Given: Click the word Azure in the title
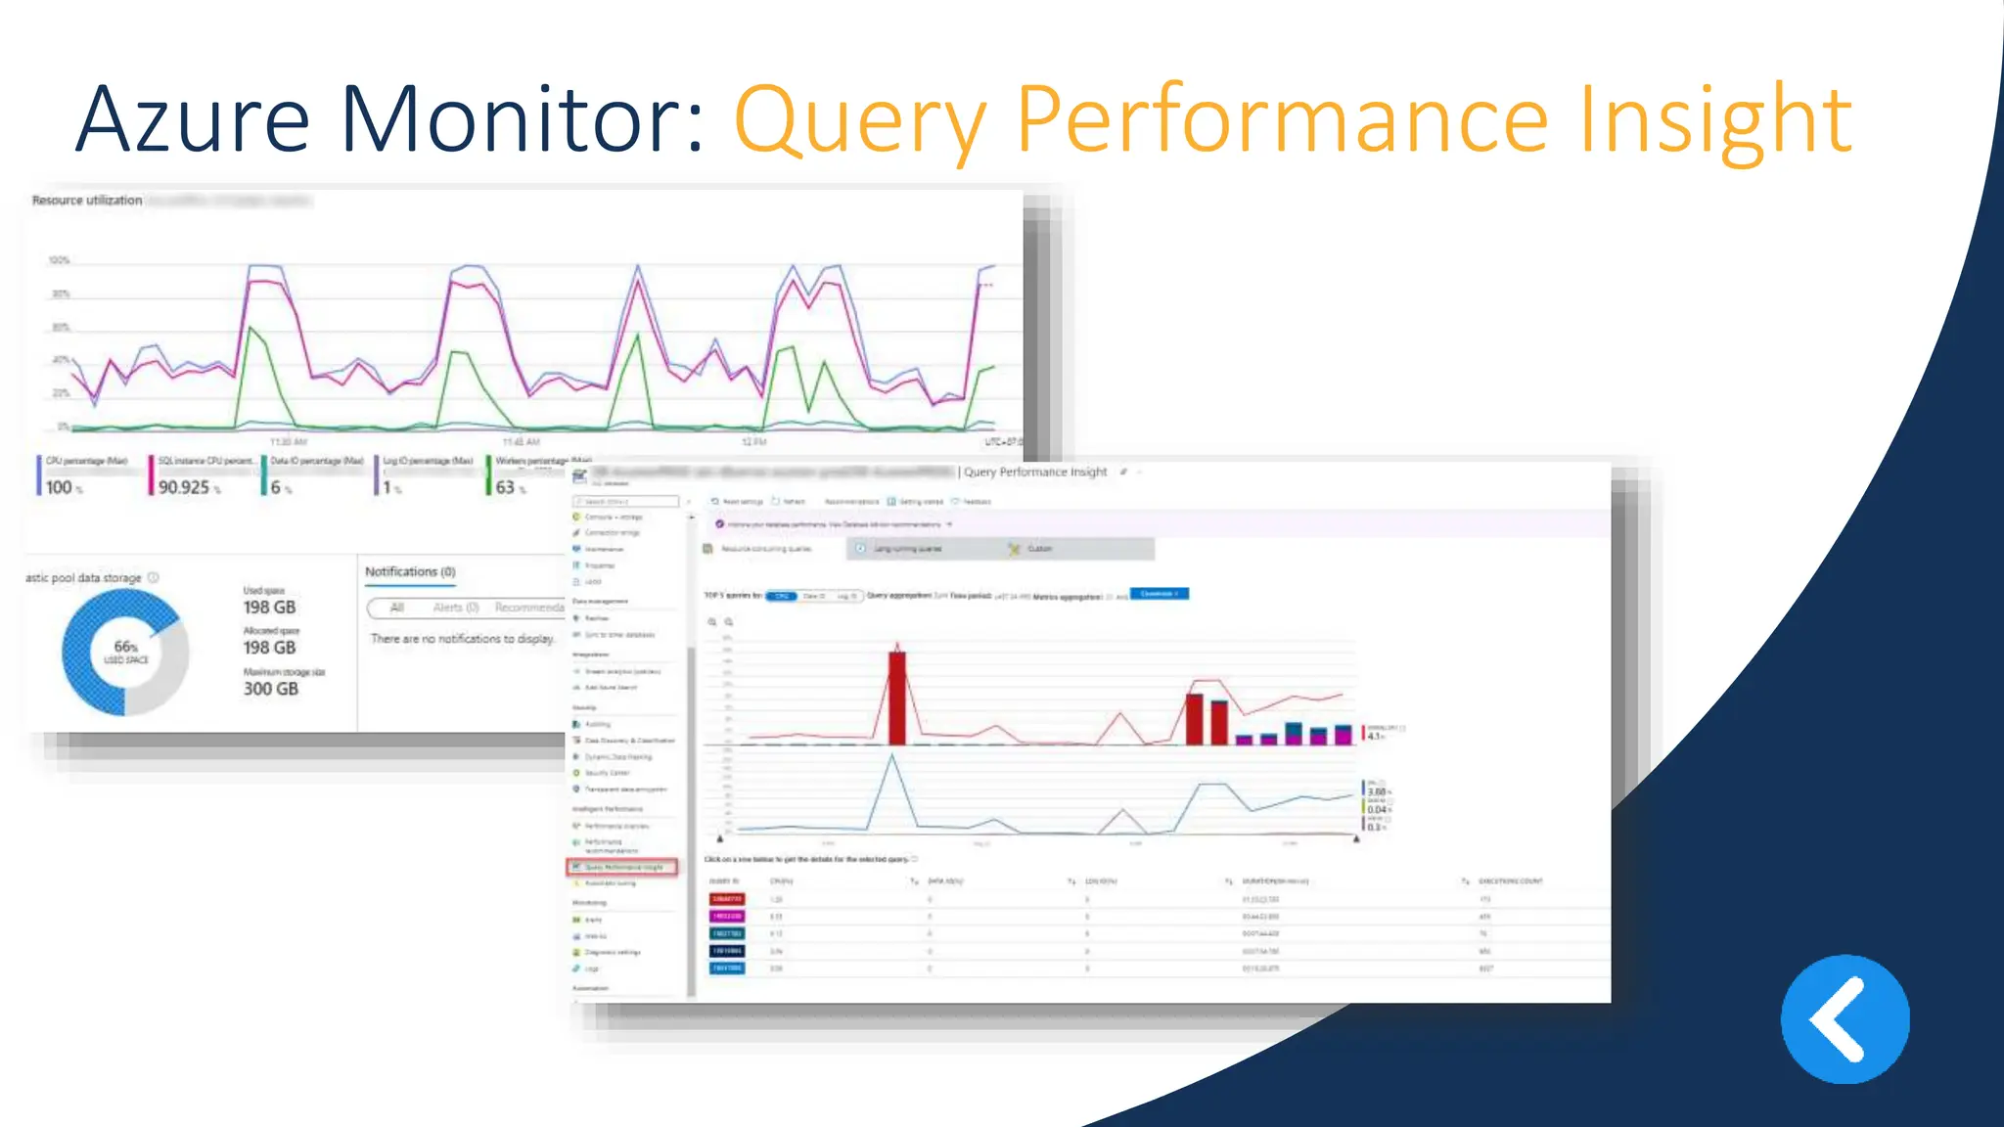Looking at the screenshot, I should pos(193,120).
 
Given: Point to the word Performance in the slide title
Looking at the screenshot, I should pos(1283,120).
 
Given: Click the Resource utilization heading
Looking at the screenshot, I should pos(87,201).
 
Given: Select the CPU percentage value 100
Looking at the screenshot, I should pos(59,487).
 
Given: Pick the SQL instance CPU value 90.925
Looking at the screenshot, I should pos(184,487).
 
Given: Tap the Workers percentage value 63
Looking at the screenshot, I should pos(505,487).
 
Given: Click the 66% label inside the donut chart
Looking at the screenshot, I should pos(125,648).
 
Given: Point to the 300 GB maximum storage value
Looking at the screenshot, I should pos(271,689).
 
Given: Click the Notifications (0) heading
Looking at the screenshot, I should pos(410,571).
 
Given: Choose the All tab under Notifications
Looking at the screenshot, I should pos(396,608).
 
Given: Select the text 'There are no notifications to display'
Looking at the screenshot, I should pos(462,639).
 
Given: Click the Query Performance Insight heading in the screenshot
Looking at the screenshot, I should pos(1035,472).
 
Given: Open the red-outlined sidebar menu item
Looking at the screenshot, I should pos(621,867).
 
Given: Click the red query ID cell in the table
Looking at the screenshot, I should pos(726,899).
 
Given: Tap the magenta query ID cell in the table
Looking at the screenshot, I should pos(726,917).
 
